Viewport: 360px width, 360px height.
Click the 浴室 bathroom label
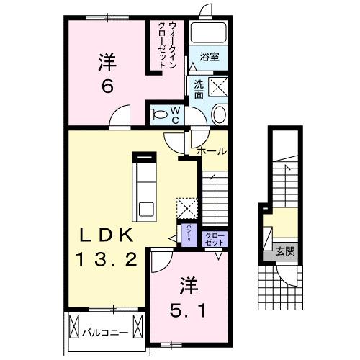click(x=210, y=55)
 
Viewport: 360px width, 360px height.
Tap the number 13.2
click(x=106, y=259)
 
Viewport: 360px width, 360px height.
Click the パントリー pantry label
click(x=185, y=235)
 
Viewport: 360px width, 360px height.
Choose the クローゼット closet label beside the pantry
click(x=214, y=240)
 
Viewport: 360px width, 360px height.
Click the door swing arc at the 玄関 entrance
click(x=289, y=274)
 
